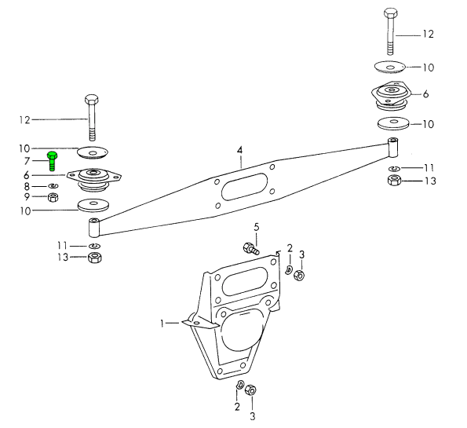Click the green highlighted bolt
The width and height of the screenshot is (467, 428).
pyautogui.click(x=52, y=161)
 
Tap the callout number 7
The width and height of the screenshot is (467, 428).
pyautogui.click(x=27, y=161)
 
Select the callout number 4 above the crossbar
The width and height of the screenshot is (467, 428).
pyautogui.click(x=239, y=150)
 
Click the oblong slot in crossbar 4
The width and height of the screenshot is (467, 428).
pyautogui.click(x=244, y=187)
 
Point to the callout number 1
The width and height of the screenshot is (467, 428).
pyautogui.click(x=162, y=323)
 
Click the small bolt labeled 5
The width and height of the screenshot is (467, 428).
pyautogui.click(x=251, y=248)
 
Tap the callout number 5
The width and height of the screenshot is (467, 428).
pyautogui.click(x=257, y=227)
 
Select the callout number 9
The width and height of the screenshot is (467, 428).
pyautogui.click(x=27, y=196)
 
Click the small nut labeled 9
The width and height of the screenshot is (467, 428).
pyautogui.click(x=53, y=197)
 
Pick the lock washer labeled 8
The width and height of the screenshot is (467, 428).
pyautogui.click(x=53, y=186)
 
